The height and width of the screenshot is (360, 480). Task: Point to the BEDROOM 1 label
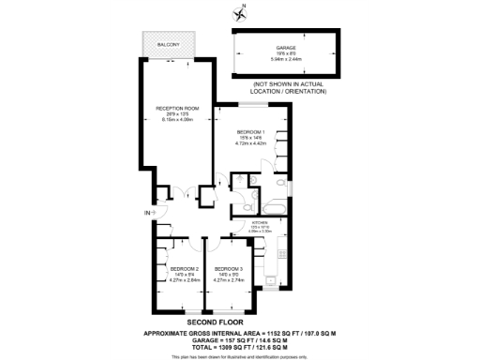250,130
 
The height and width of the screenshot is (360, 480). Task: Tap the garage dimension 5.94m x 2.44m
286,57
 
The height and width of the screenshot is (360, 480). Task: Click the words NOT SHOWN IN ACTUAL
286,84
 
